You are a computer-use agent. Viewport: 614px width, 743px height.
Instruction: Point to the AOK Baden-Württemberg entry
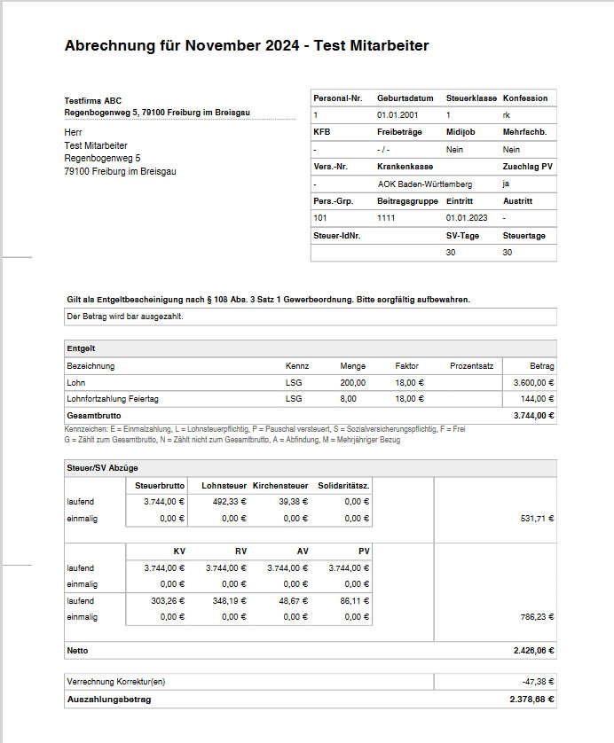[x=423, y=184]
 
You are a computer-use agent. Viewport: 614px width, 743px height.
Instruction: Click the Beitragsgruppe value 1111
[x=387, y=217]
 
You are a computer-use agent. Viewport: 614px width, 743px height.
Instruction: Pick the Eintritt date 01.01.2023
[x=466, y=217]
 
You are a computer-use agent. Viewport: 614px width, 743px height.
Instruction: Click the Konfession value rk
[x=507, y=115]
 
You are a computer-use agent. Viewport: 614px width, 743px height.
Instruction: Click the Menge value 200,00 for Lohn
[x=352, y=382]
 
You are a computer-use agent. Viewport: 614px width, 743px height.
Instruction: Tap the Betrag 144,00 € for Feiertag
[x=536, y=399]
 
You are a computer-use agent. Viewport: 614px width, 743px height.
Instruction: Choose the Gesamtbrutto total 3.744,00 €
[x=534, y=415]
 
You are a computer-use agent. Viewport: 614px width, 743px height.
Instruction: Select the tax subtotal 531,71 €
[x=537, y=518]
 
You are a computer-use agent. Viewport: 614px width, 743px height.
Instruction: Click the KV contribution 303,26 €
[x=166, y=600]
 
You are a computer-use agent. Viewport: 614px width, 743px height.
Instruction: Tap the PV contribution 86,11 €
[x=352, y=600]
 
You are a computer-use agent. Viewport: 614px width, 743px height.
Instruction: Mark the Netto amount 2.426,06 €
[x=533, y=650]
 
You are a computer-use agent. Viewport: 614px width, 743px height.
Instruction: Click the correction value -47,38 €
[x=538, y=683]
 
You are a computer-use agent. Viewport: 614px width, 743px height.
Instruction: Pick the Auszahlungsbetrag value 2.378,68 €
[x=533, y=700]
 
